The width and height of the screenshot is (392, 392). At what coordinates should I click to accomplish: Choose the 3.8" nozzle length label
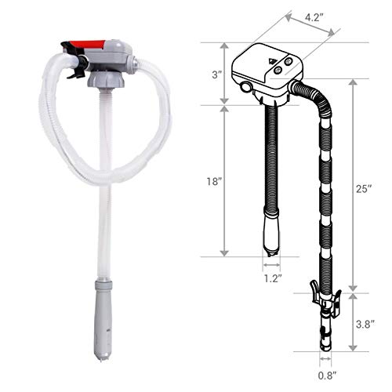pyautogui.click(x=368, y=321)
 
